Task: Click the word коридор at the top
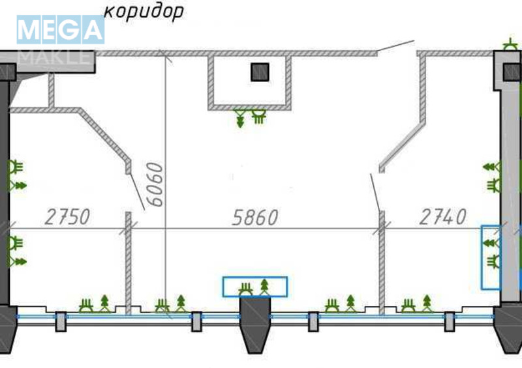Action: pyautogui.click(x=144, y=12)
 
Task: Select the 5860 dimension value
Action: pyautogui.click(x=255, y=217)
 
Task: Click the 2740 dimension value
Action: pyautogui.click(x=443, y=216)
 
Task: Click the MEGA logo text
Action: pyautogui.click(x=60, y=30)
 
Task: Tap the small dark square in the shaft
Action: pyautogui.click(x=260, y=72)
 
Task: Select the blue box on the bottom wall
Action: pyautogui.click(x=254, y=287)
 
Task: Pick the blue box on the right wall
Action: pyautogui.click(x=491, y=257)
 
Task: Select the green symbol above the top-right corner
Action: pyautogui.click(x=509, y=44)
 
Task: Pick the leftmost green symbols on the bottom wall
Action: pyautogui.click(x=95, y=304)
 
